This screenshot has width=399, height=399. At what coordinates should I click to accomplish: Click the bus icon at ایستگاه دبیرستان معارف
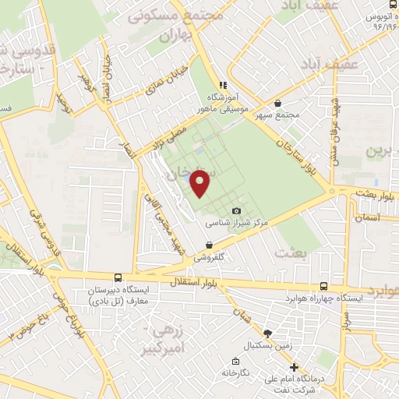click(117, 277)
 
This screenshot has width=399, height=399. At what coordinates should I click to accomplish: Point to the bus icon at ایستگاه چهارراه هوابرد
click(323, 287)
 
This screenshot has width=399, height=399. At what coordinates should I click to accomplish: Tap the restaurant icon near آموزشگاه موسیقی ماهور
click(222, 85)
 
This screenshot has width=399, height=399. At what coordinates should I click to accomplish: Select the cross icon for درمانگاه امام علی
click(294, 368)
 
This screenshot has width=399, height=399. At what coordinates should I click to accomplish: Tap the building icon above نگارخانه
click(235, 361)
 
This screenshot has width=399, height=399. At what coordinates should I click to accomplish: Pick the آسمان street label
click(365, 218)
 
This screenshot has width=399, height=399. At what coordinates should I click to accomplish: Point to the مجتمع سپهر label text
click(279, 114)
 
